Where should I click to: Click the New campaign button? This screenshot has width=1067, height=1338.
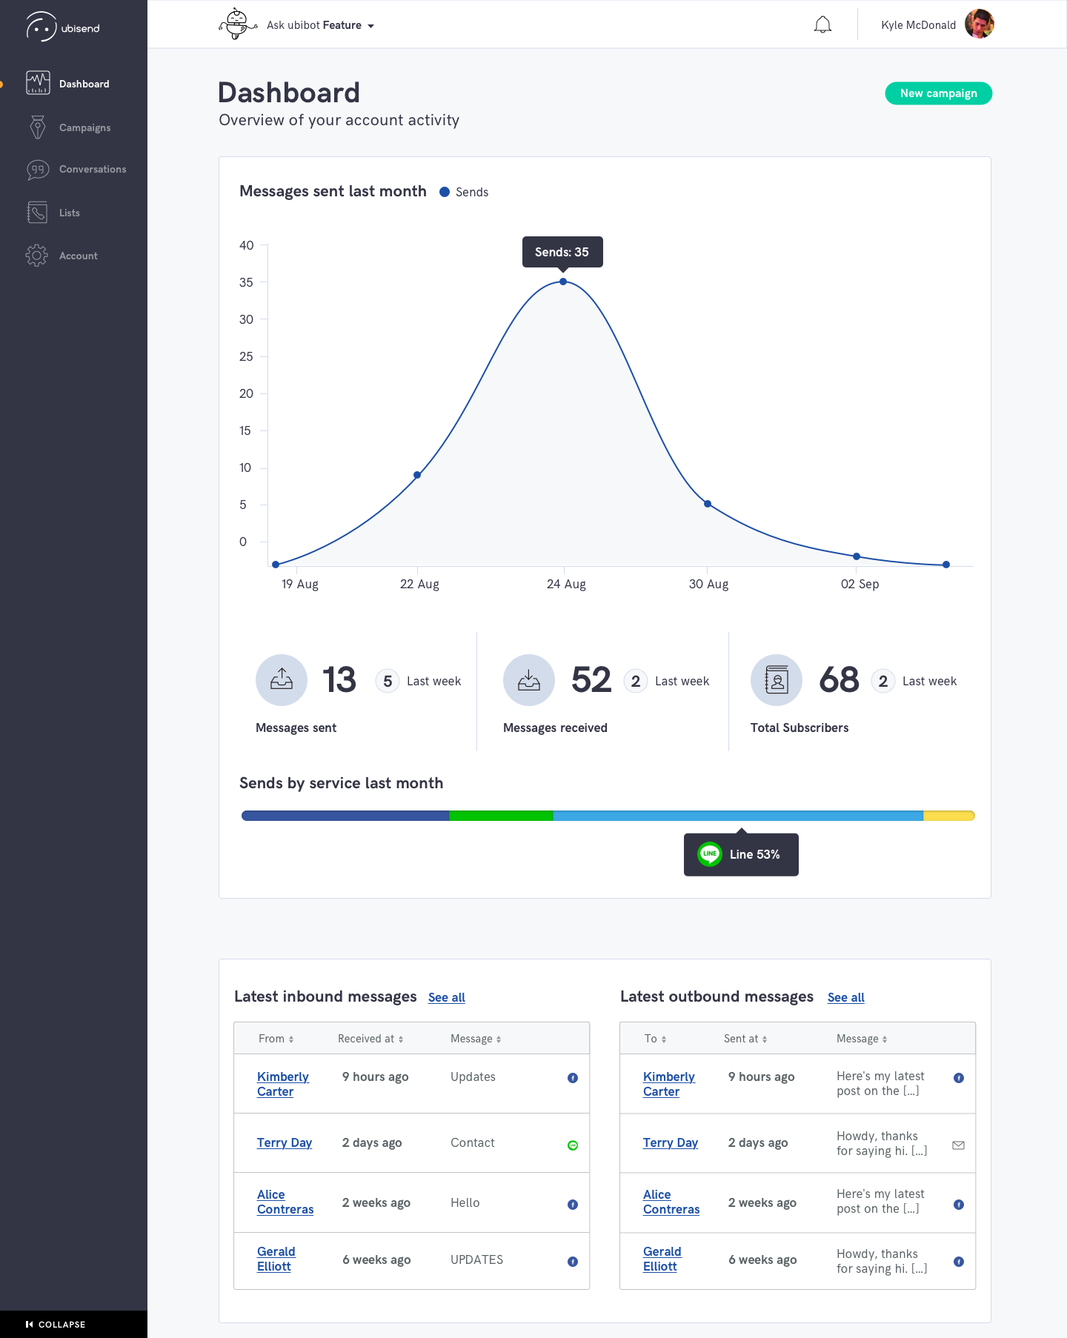[938, 93]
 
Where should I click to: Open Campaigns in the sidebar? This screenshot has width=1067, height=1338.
[84, 127]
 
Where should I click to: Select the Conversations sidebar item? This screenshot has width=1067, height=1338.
[93, 170]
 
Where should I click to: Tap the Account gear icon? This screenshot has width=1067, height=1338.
[36, 256]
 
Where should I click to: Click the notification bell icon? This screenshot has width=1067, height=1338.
[822, 25]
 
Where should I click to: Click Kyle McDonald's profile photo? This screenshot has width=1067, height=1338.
[979, 24]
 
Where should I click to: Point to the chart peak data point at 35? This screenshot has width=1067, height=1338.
[563, 282]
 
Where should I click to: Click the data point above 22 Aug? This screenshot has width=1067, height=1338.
[417, 475]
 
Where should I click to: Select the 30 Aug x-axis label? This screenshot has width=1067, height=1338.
[708, 584]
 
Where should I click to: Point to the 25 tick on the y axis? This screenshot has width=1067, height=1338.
[246, 356]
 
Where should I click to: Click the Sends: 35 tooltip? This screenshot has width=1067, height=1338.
[562, 252]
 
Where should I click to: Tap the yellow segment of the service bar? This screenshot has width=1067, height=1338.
[949, 816]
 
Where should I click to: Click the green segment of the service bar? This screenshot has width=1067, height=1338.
[501, 816]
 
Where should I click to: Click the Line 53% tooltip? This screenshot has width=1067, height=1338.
[741, 854]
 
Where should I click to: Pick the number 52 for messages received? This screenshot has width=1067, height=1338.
[591, 679]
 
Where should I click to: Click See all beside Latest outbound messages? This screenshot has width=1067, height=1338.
[846, 997]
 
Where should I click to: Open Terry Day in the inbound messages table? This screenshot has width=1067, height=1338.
[285, 1142]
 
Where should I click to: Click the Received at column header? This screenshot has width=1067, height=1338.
[370, 1039]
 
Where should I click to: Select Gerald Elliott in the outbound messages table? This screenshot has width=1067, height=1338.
[662, 1259]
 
